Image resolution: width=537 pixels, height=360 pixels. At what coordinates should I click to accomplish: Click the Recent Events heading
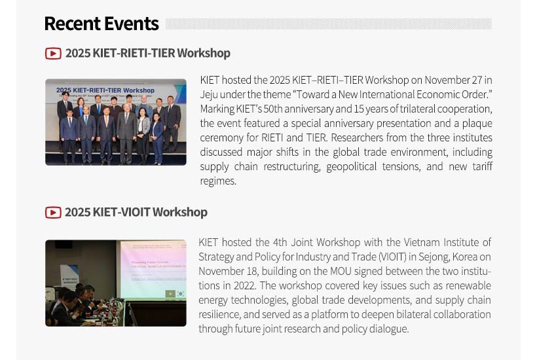tap(102, 24)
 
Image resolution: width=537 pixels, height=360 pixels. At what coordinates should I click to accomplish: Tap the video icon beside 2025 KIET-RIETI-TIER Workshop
tap(53, 53)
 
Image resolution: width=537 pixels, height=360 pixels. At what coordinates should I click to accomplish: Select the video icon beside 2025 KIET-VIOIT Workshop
tap(53, 212)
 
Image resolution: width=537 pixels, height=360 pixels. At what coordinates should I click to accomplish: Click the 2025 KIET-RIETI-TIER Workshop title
tap(147, 53)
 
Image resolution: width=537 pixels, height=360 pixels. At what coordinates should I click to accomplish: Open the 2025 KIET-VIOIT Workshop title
tap(136, 212)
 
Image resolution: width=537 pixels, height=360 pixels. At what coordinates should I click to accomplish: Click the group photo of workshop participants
tap(116, 122)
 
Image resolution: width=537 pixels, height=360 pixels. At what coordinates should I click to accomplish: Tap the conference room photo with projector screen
tap(116, 283)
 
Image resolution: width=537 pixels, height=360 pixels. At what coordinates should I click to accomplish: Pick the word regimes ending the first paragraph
tap(217, 181)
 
